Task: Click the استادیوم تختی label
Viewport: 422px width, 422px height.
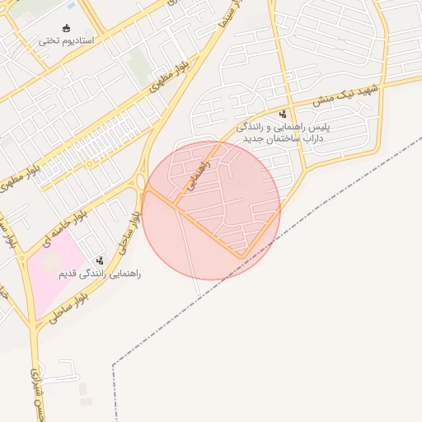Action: (67, 40)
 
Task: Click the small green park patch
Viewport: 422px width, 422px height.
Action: (139, 63)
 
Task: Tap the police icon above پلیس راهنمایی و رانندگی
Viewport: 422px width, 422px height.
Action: (284, 114)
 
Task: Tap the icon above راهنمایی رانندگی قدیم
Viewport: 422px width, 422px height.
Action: (100, 260)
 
